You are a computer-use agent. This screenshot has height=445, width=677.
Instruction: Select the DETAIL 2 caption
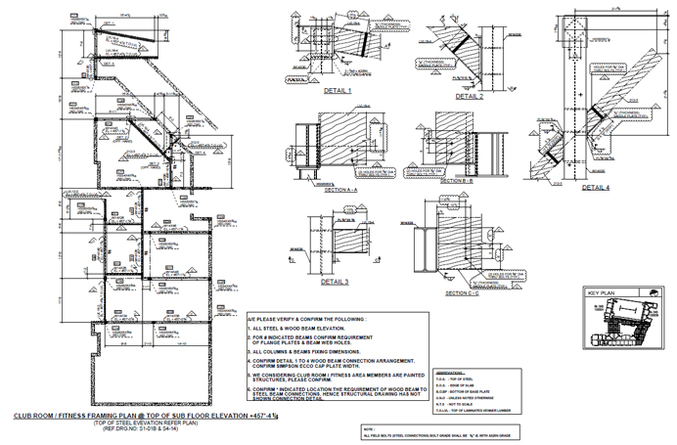pyautogui.click(x=469, y=97)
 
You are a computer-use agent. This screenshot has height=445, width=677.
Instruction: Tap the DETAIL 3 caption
pyautogui.click(x=334, y=282)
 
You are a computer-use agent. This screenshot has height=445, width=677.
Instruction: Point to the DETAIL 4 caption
pyautogui.click(x=594, y=187)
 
